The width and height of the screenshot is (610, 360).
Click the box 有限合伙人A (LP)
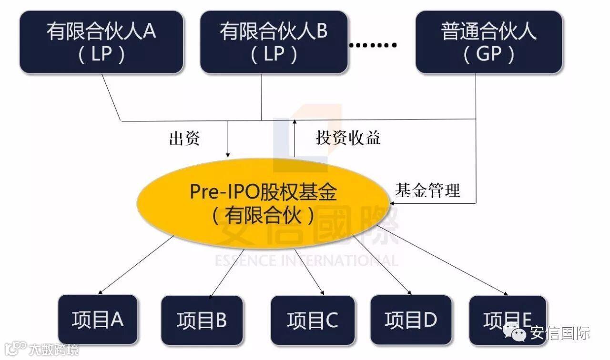(101, 42)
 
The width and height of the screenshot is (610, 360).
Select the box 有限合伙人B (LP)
(274, 42)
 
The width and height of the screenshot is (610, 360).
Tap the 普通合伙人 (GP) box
(488, 42)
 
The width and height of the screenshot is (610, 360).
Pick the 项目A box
(98, 320)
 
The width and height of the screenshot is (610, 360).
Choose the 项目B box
(202, 320)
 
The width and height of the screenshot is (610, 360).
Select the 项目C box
(313, 320)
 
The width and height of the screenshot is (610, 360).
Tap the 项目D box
(410, 320)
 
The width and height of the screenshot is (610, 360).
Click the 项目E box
(508, 320)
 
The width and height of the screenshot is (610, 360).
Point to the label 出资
(184, 139)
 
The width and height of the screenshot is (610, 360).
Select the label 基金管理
(427, 190)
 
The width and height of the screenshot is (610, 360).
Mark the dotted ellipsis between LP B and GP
(373, 46)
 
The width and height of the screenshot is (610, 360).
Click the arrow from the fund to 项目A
(136, 265)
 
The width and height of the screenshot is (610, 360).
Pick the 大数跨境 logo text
(52, 350)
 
